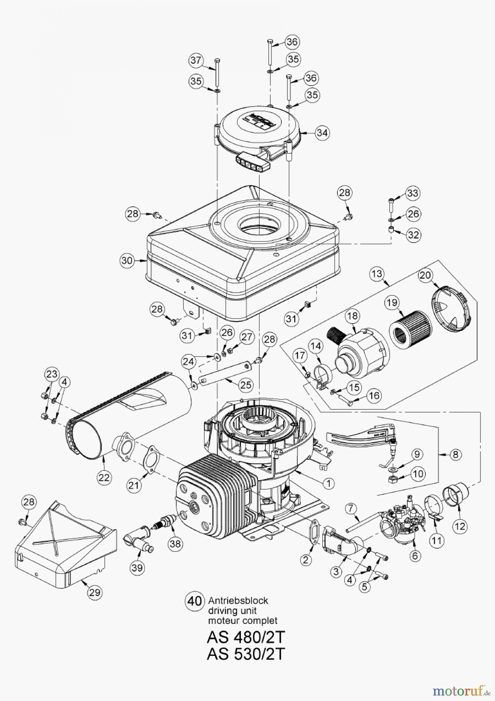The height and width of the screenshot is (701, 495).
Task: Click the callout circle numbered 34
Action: (x=322, y=132)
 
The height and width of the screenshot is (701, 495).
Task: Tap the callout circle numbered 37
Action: (x=197, y=60)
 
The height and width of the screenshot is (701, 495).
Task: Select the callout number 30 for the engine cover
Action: (x=127, y=260)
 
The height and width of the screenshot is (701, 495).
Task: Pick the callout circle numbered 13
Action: (x=377, y=274)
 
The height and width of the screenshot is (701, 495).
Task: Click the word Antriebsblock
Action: (x=238, y=600)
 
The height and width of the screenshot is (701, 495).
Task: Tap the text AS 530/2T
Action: (x=246, y=653)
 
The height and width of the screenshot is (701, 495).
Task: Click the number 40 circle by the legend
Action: (x=194, y=601)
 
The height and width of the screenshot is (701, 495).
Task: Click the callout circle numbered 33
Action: (x=412, y=193)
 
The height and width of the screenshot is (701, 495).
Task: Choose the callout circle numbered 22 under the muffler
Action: (x=104, y=477)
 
